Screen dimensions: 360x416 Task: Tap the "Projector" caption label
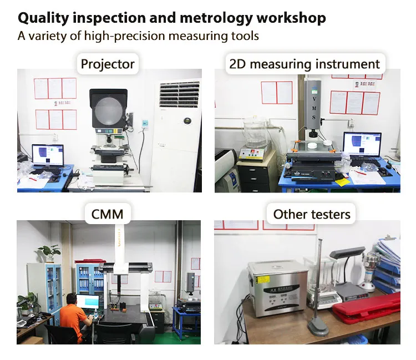tap(108, 64)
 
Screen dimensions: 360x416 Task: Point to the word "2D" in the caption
tap(237, 64)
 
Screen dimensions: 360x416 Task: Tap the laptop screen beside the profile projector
tap(48, 155)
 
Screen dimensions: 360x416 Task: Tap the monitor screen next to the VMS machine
tap(362, 144)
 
